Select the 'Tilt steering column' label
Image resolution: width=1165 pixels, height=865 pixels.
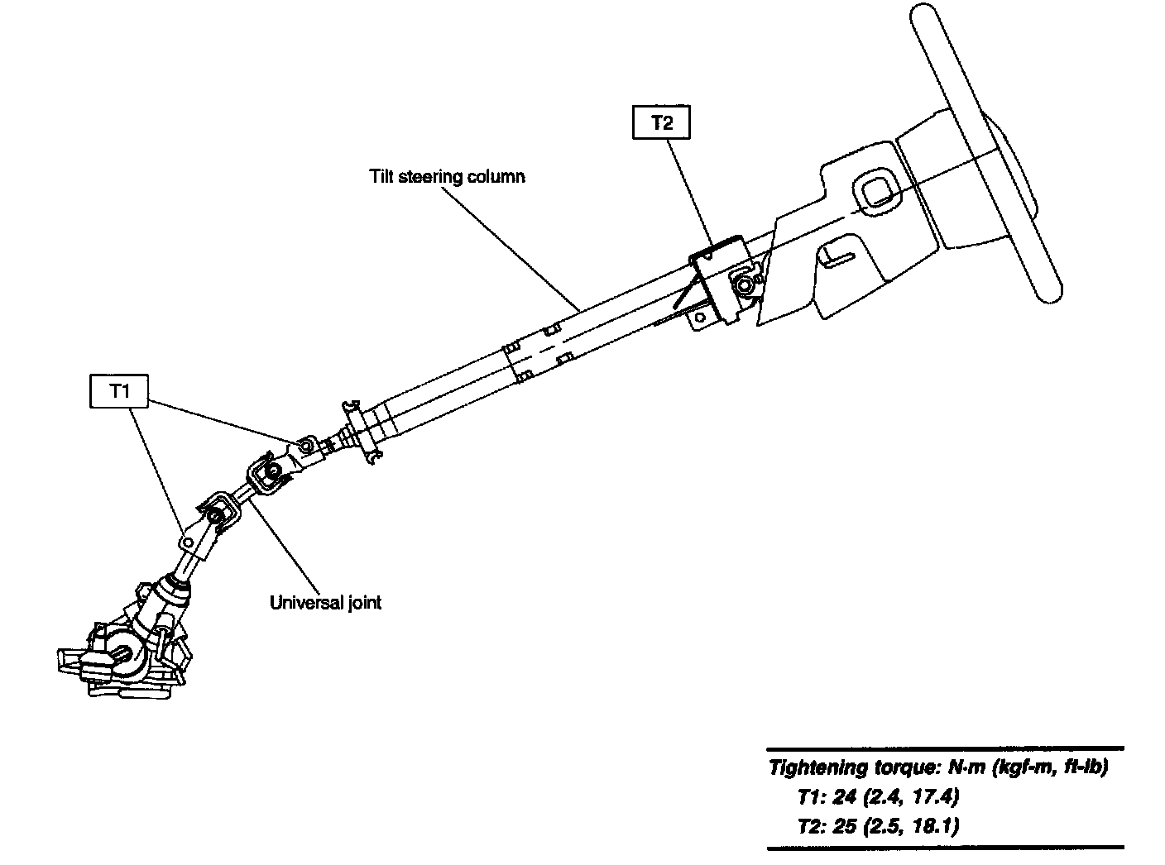coord(447,176)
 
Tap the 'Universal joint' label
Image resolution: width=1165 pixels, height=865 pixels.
coord(326,602)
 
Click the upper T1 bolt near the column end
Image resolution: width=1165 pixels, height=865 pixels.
coord(306,447)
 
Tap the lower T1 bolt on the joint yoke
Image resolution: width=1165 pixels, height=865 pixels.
coord(189,542)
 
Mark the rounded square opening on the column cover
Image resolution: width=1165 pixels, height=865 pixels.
coord(875,192)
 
